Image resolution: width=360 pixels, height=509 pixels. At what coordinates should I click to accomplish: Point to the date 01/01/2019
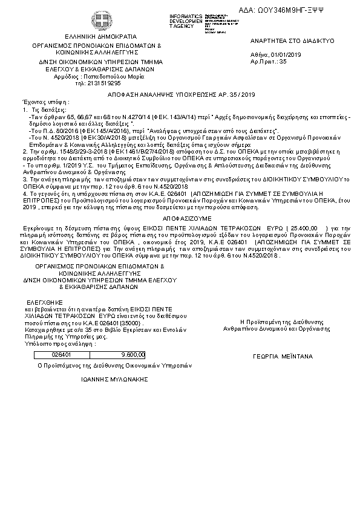287,55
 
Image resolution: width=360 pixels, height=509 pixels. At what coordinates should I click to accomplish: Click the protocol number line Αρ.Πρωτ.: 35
268,61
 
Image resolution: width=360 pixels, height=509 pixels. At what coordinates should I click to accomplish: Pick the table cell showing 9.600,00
133,355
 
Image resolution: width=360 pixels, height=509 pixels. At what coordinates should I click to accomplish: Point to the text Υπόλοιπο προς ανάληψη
52,343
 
